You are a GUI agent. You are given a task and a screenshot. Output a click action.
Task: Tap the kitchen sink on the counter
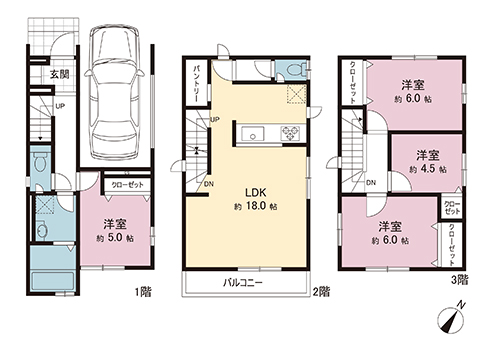[252, 132]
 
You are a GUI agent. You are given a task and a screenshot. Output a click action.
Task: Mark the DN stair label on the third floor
[371, 183]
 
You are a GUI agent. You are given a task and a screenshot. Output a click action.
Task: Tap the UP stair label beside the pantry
[215, 122]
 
